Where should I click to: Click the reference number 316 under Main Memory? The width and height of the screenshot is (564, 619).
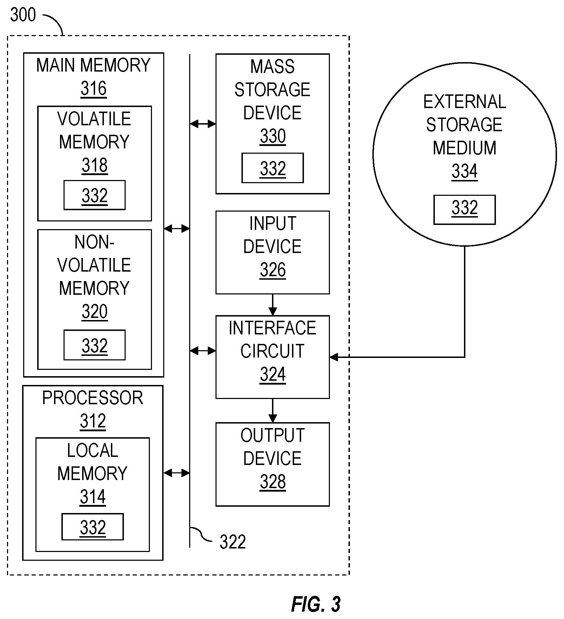(x=94, y=88)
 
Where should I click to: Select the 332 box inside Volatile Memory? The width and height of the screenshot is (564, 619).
(x=94, y=195)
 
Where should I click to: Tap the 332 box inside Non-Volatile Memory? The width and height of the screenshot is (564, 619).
(x=94, y=345)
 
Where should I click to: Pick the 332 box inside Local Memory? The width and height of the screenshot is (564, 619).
(x=93, y=527)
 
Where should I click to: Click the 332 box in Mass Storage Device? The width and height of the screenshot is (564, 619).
(x=273, y=168)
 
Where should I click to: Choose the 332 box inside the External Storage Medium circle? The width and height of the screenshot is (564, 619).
(x=465, y=210)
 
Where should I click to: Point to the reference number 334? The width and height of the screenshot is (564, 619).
(x=465, y=171)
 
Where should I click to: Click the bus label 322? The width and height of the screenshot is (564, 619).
(x=233, y=542)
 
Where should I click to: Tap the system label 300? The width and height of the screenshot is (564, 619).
(x=23, y=15)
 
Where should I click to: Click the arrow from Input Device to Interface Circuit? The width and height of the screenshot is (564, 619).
(x=273, y=305)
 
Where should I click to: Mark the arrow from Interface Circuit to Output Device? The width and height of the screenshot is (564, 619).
(x=273, y=411)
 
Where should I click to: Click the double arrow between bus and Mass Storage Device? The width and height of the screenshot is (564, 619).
(x=203, y=124)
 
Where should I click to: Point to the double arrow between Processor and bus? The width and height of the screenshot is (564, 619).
(x=177, y=473)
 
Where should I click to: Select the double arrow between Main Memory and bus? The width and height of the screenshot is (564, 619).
(x=177, y=229)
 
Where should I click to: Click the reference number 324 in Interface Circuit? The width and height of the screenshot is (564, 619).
(x=273, y=374)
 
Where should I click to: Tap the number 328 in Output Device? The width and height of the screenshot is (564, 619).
(x=273, y=482)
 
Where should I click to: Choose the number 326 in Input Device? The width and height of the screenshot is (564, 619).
(x=273, y=270)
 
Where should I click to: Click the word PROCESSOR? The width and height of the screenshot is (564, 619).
(x=93, y=398)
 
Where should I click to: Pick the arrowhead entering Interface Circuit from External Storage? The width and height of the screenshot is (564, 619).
(x=334, y=357)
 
